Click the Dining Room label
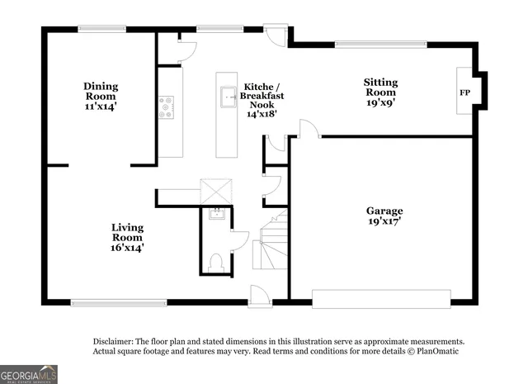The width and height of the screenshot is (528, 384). [x=101, y=96]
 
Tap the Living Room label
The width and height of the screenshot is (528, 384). [x=128, y=237]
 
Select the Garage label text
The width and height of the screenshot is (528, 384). [x=385, y=216]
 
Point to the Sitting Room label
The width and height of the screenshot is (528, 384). [x=381, y=92]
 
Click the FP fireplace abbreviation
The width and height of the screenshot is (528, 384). [x=464, y=92]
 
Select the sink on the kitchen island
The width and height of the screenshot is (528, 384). [x=226, y=101]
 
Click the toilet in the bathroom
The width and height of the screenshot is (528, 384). [x=218, y=263]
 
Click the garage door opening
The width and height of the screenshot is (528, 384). [x=381, y=297]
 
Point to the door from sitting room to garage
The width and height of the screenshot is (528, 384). [x=305, y=129]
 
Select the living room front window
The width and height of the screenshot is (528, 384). [x=119, y=301]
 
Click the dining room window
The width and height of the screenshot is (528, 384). [x=102, y=31]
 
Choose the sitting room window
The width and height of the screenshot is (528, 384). [x=380, y=43]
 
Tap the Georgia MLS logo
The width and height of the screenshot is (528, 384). [x=29, y=374]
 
